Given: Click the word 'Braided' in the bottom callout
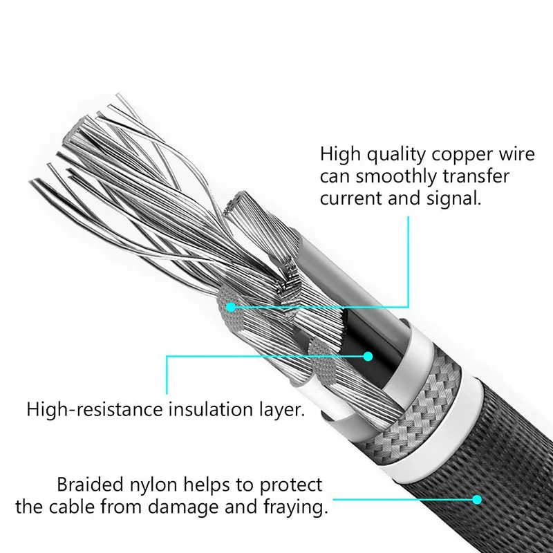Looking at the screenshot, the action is tap(88, 485).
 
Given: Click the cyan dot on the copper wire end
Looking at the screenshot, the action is tap(230, 305).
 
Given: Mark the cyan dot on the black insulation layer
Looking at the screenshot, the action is tap(368, 357).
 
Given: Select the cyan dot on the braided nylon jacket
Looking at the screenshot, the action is tap(476, 498).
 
